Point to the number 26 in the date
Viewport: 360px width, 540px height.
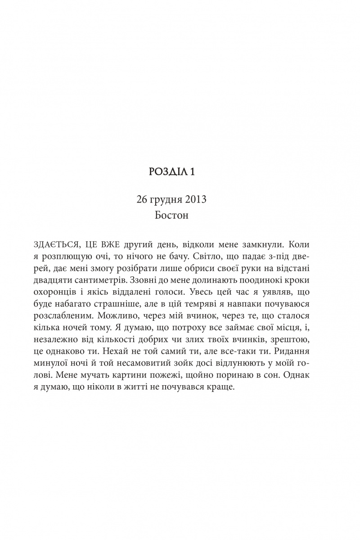pos(136,199)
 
